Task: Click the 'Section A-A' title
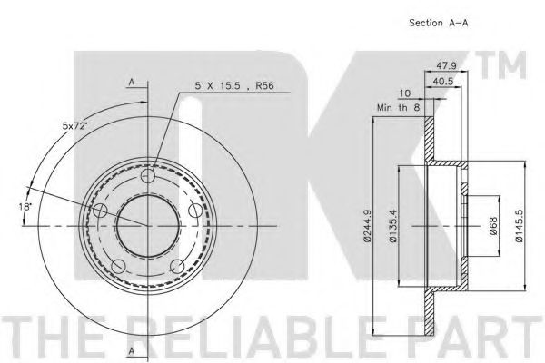click(x=439, y=23)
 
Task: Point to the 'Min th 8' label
click(x=399, y=108)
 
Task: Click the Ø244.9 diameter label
click(x=366, y=226)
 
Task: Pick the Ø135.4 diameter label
click(x=392, y=226)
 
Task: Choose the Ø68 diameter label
click(x=493, y=227)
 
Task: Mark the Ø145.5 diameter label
click(x=519, y=226)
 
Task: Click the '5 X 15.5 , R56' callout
click(x=234, y=85)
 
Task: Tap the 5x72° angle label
click(x=74, y=126)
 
